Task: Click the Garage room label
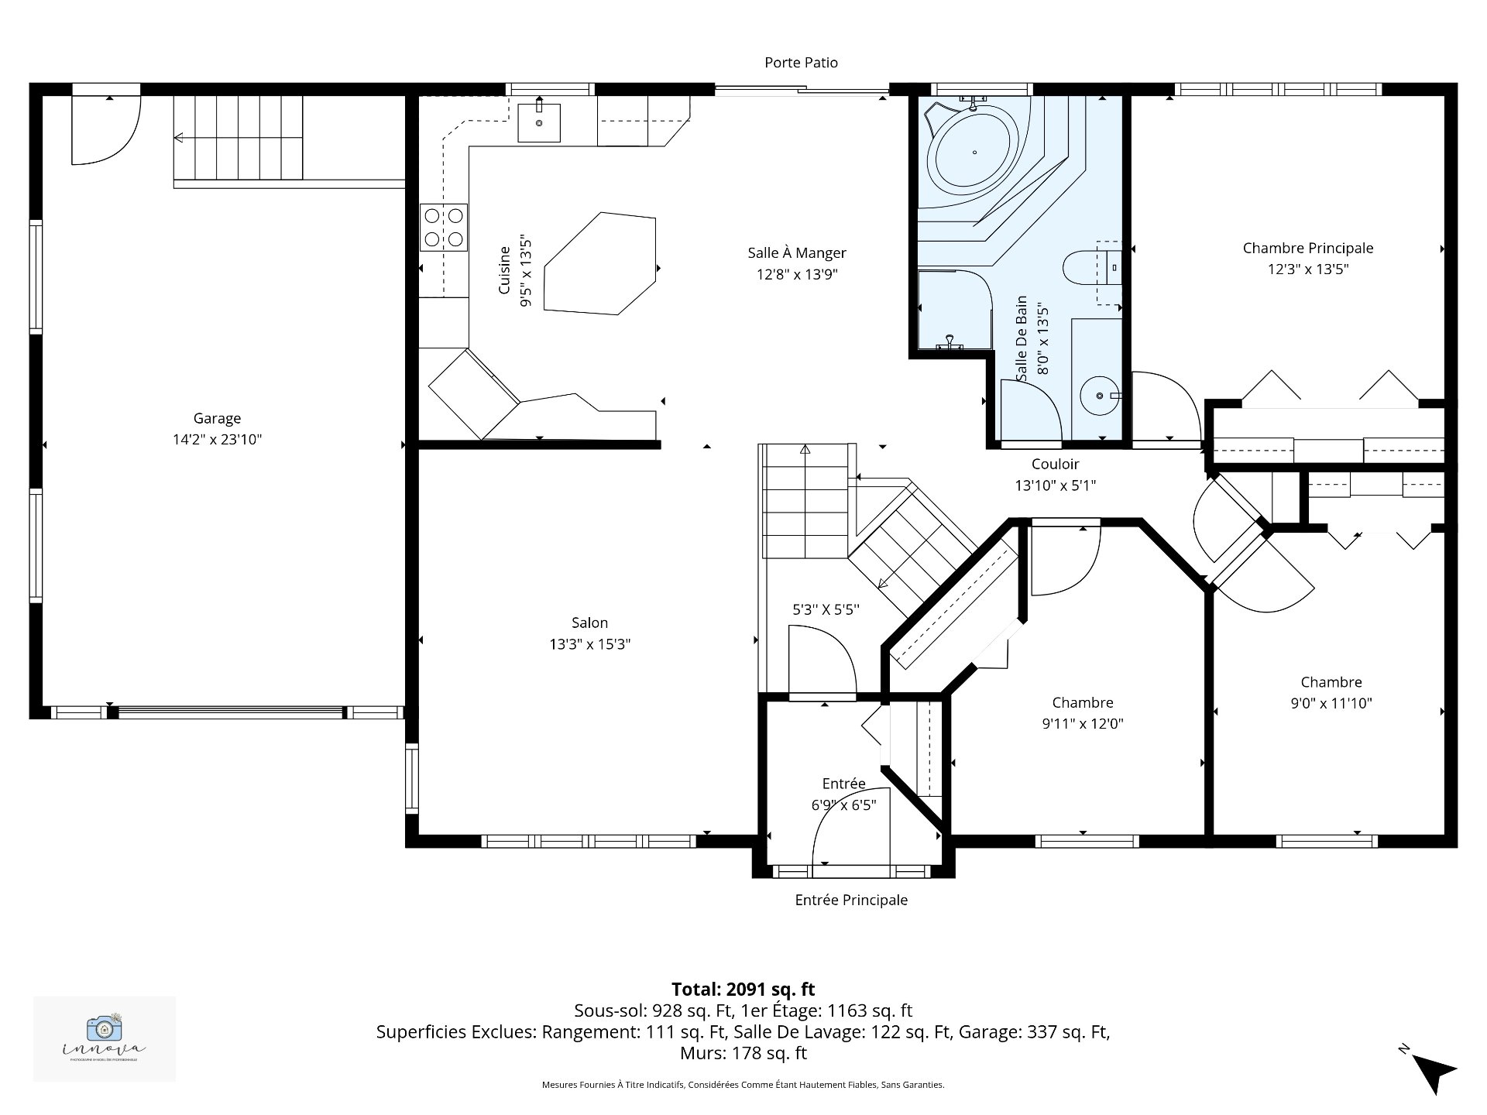[217, 419]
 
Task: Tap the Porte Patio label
[801, 63]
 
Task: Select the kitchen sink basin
[539, 123]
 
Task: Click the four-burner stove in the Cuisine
[444, 228]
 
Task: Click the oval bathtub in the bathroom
[974, 153]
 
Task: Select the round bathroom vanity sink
[1100, 396]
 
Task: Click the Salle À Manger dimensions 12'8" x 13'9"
[797, 274]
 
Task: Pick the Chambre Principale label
[1307, 249]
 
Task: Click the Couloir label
[1055, 465]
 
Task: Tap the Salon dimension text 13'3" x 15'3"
[590, 644]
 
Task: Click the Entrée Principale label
[851, 901]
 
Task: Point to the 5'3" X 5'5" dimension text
[826, 610]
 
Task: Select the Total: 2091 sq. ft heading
[743, 990]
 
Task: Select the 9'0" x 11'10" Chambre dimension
[1331, 704]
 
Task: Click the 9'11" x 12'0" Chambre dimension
[1083, 724]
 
